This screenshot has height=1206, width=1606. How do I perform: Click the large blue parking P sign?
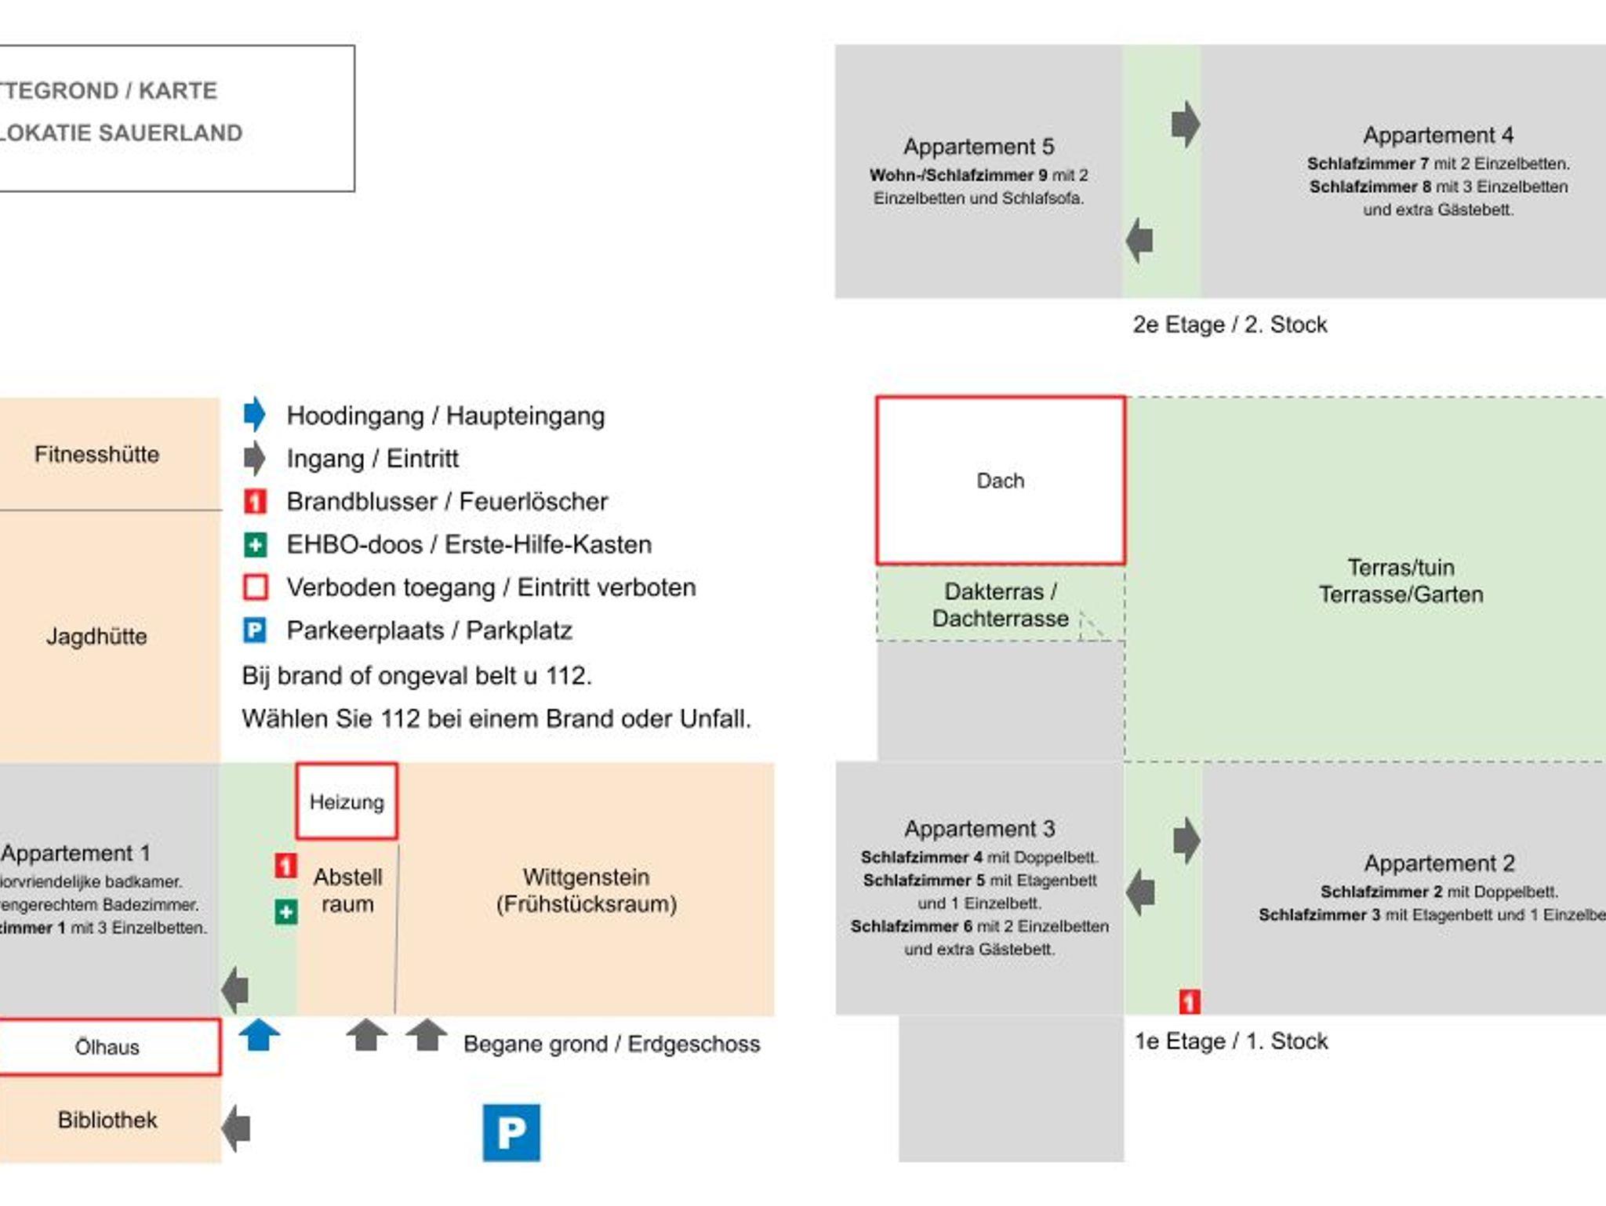click(511, 1132)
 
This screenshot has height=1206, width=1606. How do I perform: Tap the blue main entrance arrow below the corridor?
click(259, 1035)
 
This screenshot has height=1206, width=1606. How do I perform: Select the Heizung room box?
click(347, 801)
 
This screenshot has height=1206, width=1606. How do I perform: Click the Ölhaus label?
click(107, 1047)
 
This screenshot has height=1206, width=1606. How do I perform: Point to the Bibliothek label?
click(107, 1120)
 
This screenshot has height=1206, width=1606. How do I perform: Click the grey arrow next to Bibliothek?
click(236, 1128)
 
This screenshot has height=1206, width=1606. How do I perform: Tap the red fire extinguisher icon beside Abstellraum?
click(285, 866)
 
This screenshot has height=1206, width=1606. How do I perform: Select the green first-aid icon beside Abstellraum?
click(285, 912)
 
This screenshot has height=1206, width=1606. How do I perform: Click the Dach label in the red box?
click(1000, 481)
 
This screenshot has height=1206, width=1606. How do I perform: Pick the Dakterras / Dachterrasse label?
click(1000, 605)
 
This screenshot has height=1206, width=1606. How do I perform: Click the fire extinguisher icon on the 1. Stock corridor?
click(1189, 1001)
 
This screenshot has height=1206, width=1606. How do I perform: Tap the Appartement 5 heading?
click(979, 147)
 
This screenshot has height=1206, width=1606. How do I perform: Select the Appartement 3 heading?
click(979, 829)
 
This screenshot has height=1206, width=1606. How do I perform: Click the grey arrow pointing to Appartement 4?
click(1186, 124)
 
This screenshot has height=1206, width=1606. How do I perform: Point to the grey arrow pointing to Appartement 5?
click(1139, 240)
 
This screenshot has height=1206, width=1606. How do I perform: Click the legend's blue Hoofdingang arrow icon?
click(254, 414)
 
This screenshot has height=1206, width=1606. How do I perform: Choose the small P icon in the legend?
click(255, 630)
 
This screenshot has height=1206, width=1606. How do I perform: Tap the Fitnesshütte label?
click(96, 454)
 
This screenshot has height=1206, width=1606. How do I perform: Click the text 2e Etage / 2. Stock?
click(1230, 325)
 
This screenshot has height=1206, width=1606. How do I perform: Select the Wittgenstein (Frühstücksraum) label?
click(586, 890)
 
